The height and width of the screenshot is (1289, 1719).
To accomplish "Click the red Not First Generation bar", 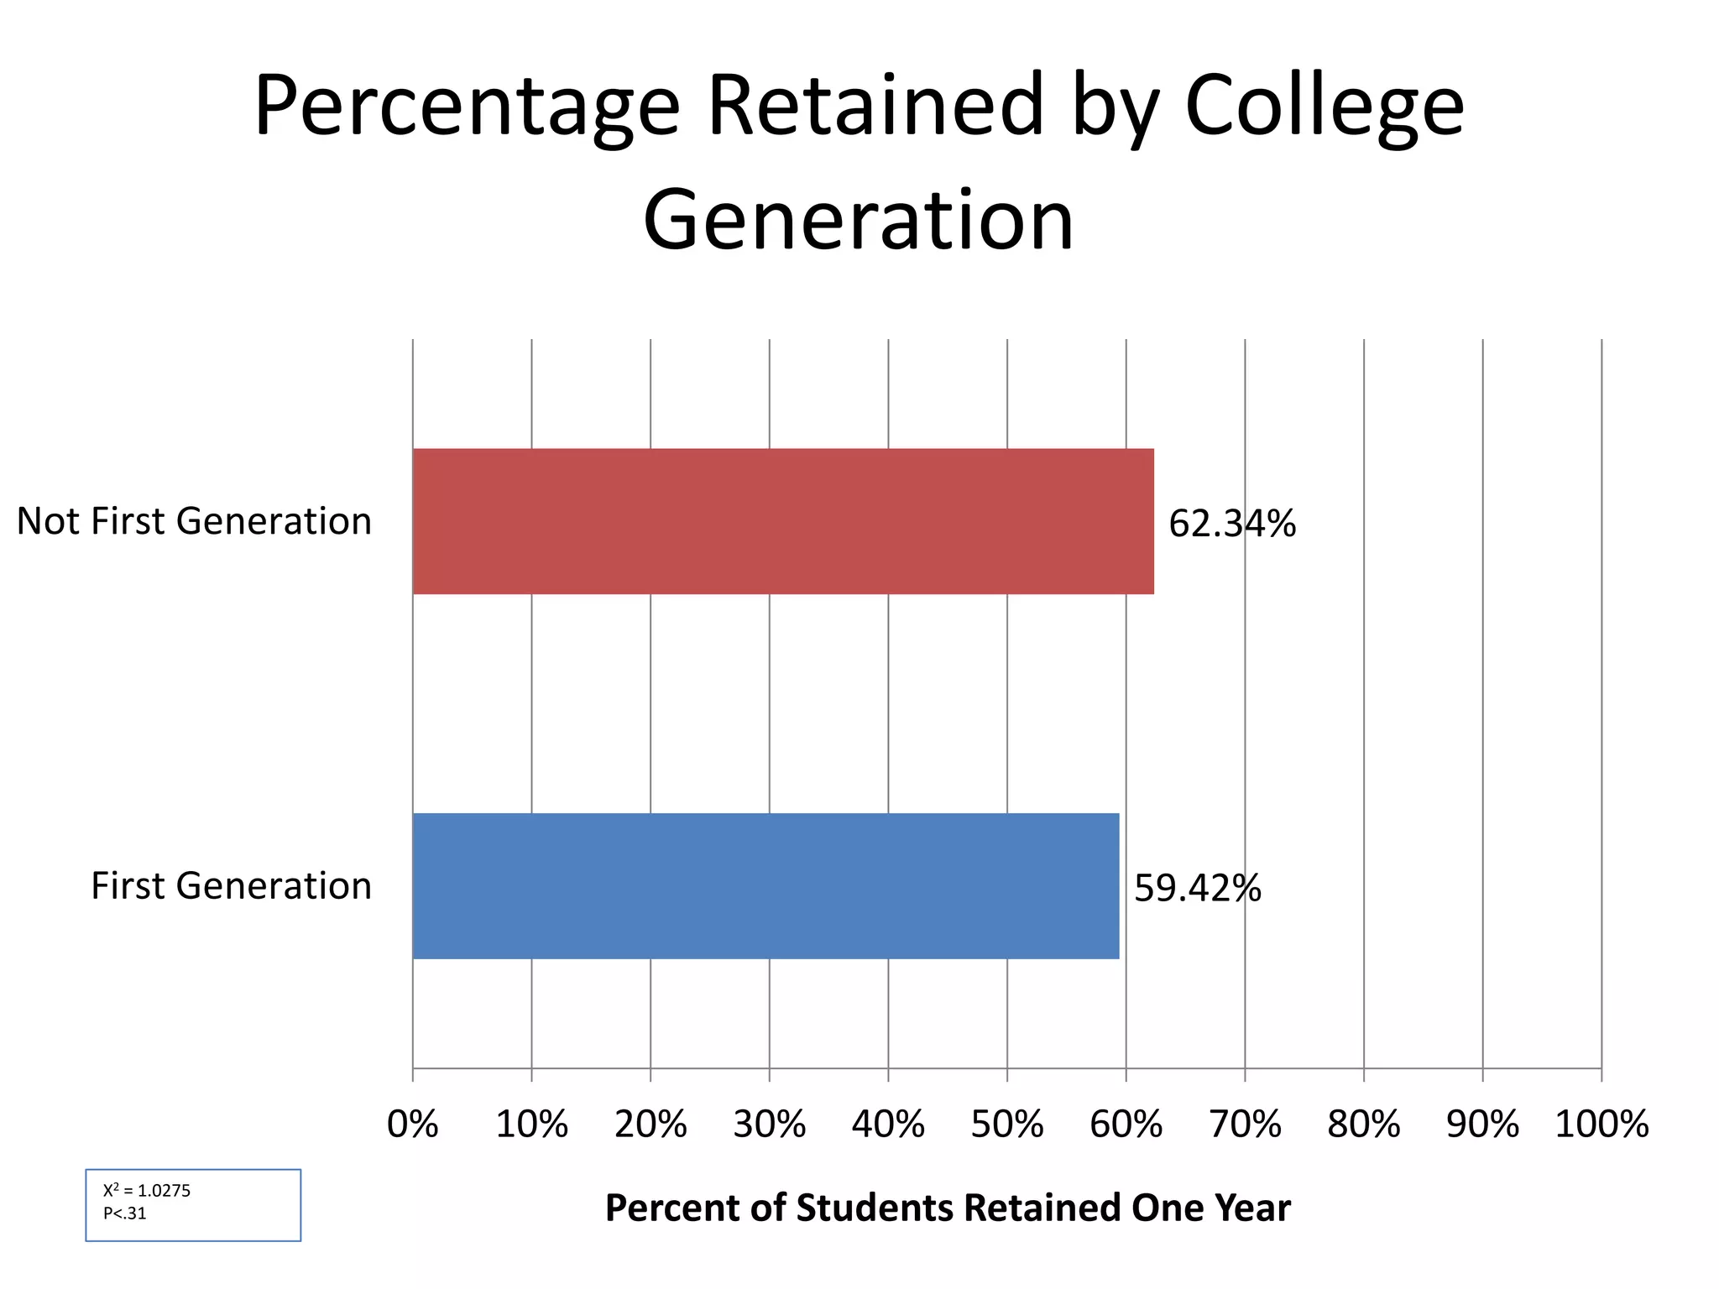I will click(782, 521).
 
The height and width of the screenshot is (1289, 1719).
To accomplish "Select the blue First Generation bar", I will click(765, 885).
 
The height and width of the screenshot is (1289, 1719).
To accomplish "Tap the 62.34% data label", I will click(1231, 524).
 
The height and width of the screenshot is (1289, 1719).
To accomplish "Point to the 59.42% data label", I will click(1197, 888).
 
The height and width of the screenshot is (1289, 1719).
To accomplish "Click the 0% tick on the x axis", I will click(412, 1125).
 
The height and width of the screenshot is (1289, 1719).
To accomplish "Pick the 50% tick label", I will click(1006, 1125).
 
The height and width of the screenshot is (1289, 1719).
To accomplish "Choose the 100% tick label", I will click(1601, 1125).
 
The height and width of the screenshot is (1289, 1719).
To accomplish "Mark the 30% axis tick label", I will click(769, 1125).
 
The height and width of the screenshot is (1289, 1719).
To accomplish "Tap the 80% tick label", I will click(1363, 1125).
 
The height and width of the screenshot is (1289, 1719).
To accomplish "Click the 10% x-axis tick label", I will click(531, 1125).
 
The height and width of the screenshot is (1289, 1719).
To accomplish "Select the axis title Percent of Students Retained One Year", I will click(947, 1208).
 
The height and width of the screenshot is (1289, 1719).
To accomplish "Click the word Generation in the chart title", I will click(858, 220).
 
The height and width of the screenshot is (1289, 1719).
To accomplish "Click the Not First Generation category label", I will click(194, 521).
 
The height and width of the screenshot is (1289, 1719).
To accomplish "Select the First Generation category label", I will click(231, 885).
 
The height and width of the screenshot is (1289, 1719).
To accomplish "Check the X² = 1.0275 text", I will click(147, 1190).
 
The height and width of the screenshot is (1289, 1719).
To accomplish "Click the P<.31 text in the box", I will click(125, 1213).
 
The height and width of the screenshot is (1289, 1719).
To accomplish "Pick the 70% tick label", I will click(1245, 1125).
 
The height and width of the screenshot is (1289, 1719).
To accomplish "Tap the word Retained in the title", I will click(875, 105).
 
